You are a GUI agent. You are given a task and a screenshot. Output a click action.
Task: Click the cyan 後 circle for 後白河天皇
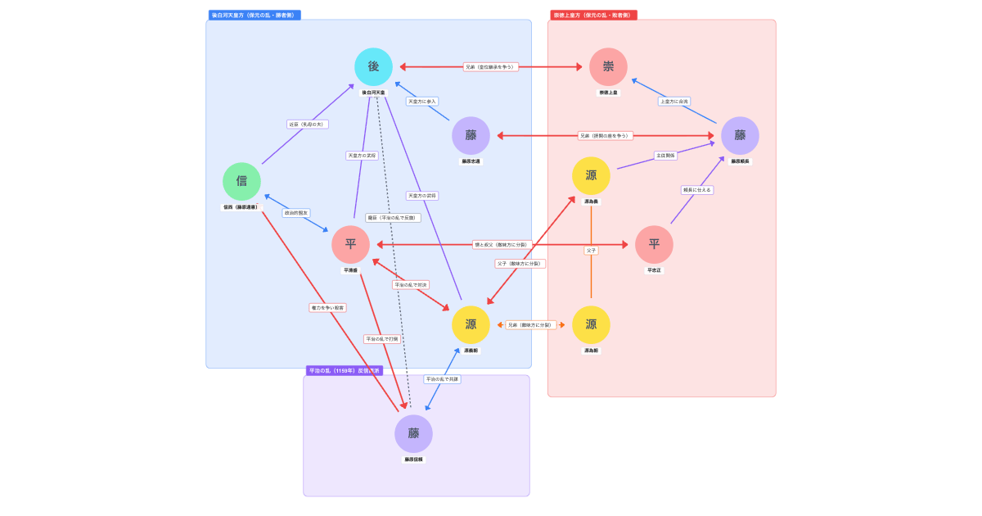pos(373,66)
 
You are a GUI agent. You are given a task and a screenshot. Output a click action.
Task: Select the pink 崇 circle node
pos(608,66)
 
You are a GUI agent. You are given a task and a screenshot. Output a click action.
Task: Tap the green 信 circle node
pos(241,181)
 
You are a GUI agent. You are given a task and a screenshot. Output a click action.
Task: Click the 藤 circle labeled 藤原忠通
pos(471,135)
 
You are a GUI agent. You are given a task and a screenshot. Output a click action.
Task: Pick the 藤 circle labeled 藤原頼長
pos(740,135)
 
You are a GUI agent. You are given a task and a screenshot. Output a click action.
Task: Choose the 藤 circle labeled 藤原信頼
pos(413,433)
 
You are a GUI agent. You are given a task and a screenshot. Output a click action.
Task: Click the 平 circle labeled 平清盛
pos(350,244)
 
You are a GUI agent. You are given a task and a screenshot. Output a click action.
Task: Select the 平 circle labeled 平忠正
pos(654,244)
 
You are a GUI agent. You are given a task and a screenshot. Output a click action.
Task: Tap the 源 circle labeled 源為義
pos(591,175)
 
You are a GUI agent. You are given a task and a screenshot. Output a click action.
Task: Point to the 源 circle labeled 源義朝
pos(471,324)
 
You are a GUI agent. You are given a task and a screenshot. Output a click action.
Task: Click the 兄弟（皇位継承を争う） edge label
pos(490,67)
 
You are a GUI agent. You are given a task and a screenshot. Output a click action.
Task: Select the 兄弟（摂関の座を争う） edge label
pos(605,136)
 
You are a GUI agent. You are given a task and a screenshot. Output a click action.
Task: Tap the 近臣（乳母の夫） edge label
pos(308,124)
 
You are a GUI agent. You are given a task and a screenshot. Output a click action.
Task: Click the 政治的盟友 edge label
pos(296,213)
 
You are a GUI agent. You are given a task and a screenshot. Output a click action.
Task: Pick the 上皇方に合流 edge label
pos(674,102)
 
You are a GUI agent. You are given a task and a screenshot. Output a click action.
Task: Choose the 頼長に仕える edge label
pos(697,190)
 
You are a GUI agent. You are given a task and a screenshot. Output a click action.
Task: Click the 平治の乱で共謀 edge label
pos(442,379)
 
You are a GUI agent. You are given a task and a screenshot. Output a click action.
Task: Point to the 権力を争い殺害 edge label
pos(327,308)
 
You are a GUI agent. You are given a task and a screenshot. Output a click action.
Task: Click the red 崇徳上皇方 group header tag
pos(593,15)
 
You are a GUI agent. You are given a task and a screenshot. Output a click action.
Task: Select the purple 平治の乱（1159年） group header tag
pos(344,370)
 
